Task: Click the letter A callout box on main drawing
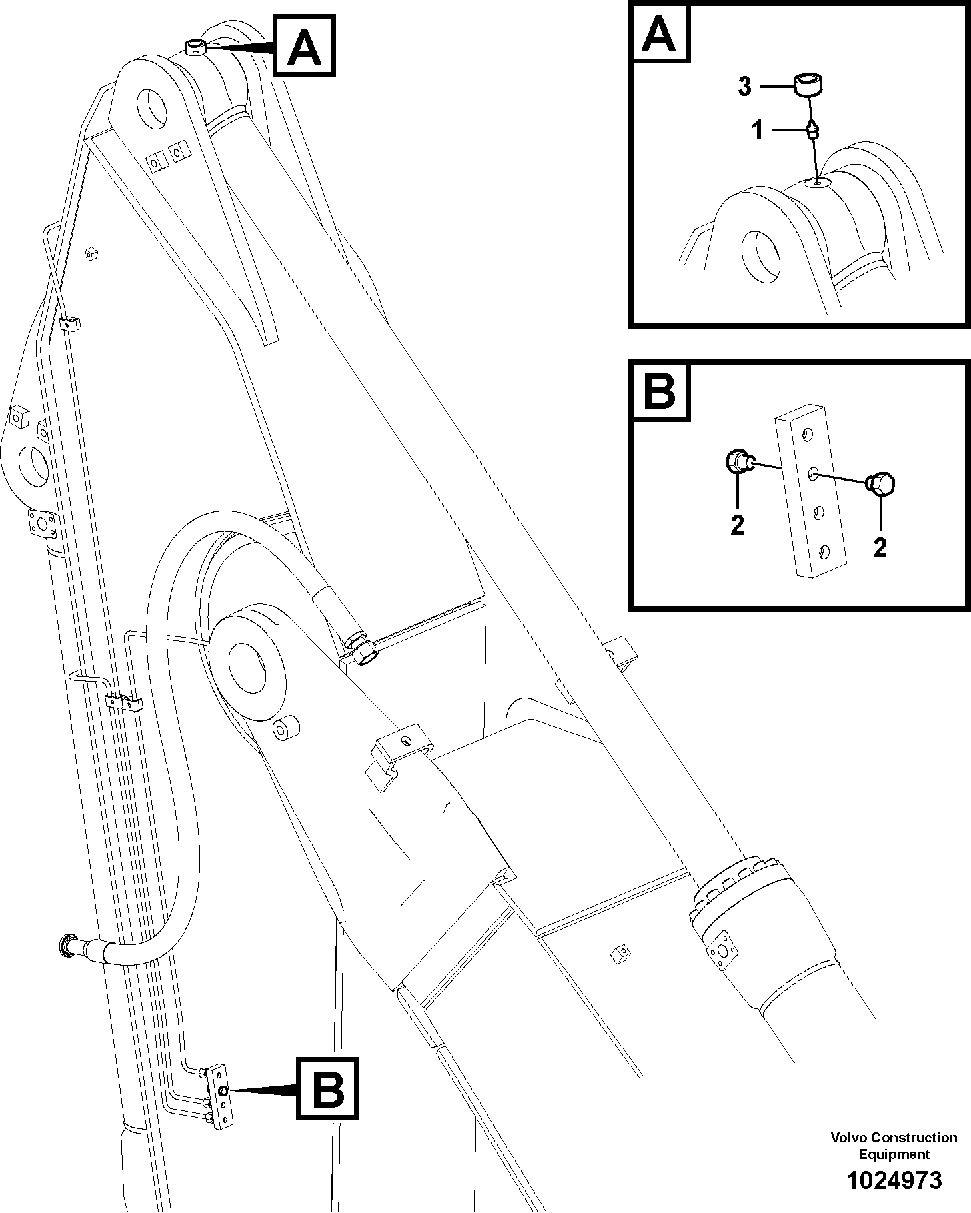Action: tap(303, 46)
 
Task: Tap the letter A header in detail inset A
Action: tap(658, 34)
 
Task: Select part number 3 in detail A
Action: tap(744, 87)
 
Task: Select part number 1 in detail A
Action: tap(757, 131)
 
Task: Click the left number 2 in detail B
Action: tap(736, 525)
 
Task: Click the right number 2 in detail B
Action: tap(880, 547)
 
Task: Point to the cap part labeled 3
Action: tap(807, 85)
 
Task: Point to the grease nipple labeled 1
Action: tap(812, 129)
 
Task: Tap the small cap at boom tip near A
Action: tap(195, 47)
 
